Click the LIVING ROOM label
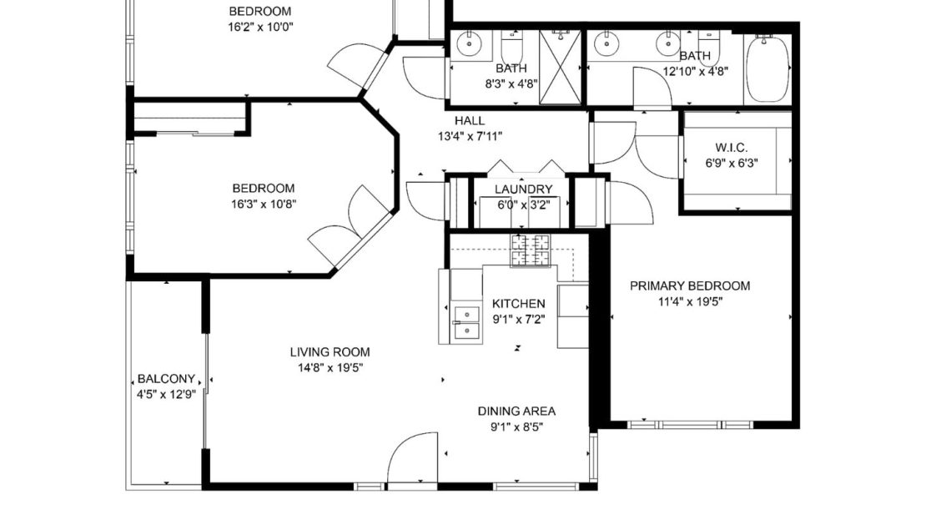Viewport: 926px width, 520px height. [330, 352]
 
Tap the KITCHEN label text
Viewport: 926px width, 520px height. [519, 304]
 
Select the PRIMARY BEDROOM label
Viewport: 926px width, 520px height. [690, 286]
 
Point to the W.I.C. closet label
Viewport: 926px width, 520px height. [731, 147]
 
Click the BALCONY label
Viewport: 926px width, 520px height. [166, 379]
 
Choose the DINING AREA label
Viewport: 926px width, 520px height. [516, 411]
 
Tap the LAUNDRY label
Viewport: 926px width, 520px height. [523, 189]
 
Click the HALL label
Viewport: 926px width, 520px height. [470, 120]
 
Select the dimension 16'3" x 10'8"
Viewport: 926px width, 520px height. [264, 204]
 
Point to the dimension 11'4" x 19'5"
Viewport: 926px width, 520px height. [691, 302]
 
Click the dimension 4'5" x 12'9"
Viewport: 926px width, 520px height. [166, 395]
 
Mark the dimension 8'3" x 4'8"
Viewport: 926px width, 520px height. [511, 84]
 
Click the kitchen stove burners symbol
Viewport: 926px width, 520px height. [530, 250]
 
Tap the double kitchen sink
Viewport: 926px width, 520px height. [466, 323]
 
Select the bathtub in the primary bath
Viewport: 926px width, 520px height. [767, 68]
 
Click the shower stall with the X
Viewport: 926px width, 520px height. [560, 68]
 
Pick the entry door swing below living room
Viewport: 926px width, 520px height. [412, 458]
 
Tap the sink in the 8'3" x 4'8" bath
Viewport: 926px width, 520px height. [469, 43]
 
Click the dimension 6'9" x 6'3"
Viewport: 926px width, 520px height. [731, 163]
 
